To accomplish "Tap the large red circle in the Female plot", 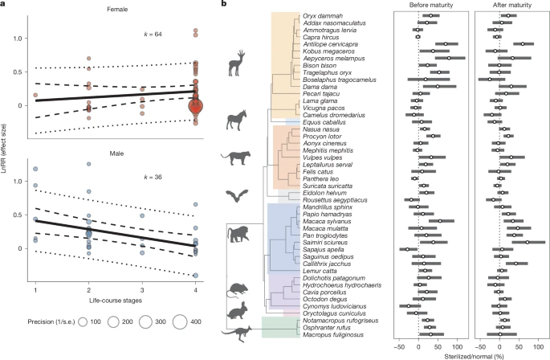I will coord(196,107).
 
